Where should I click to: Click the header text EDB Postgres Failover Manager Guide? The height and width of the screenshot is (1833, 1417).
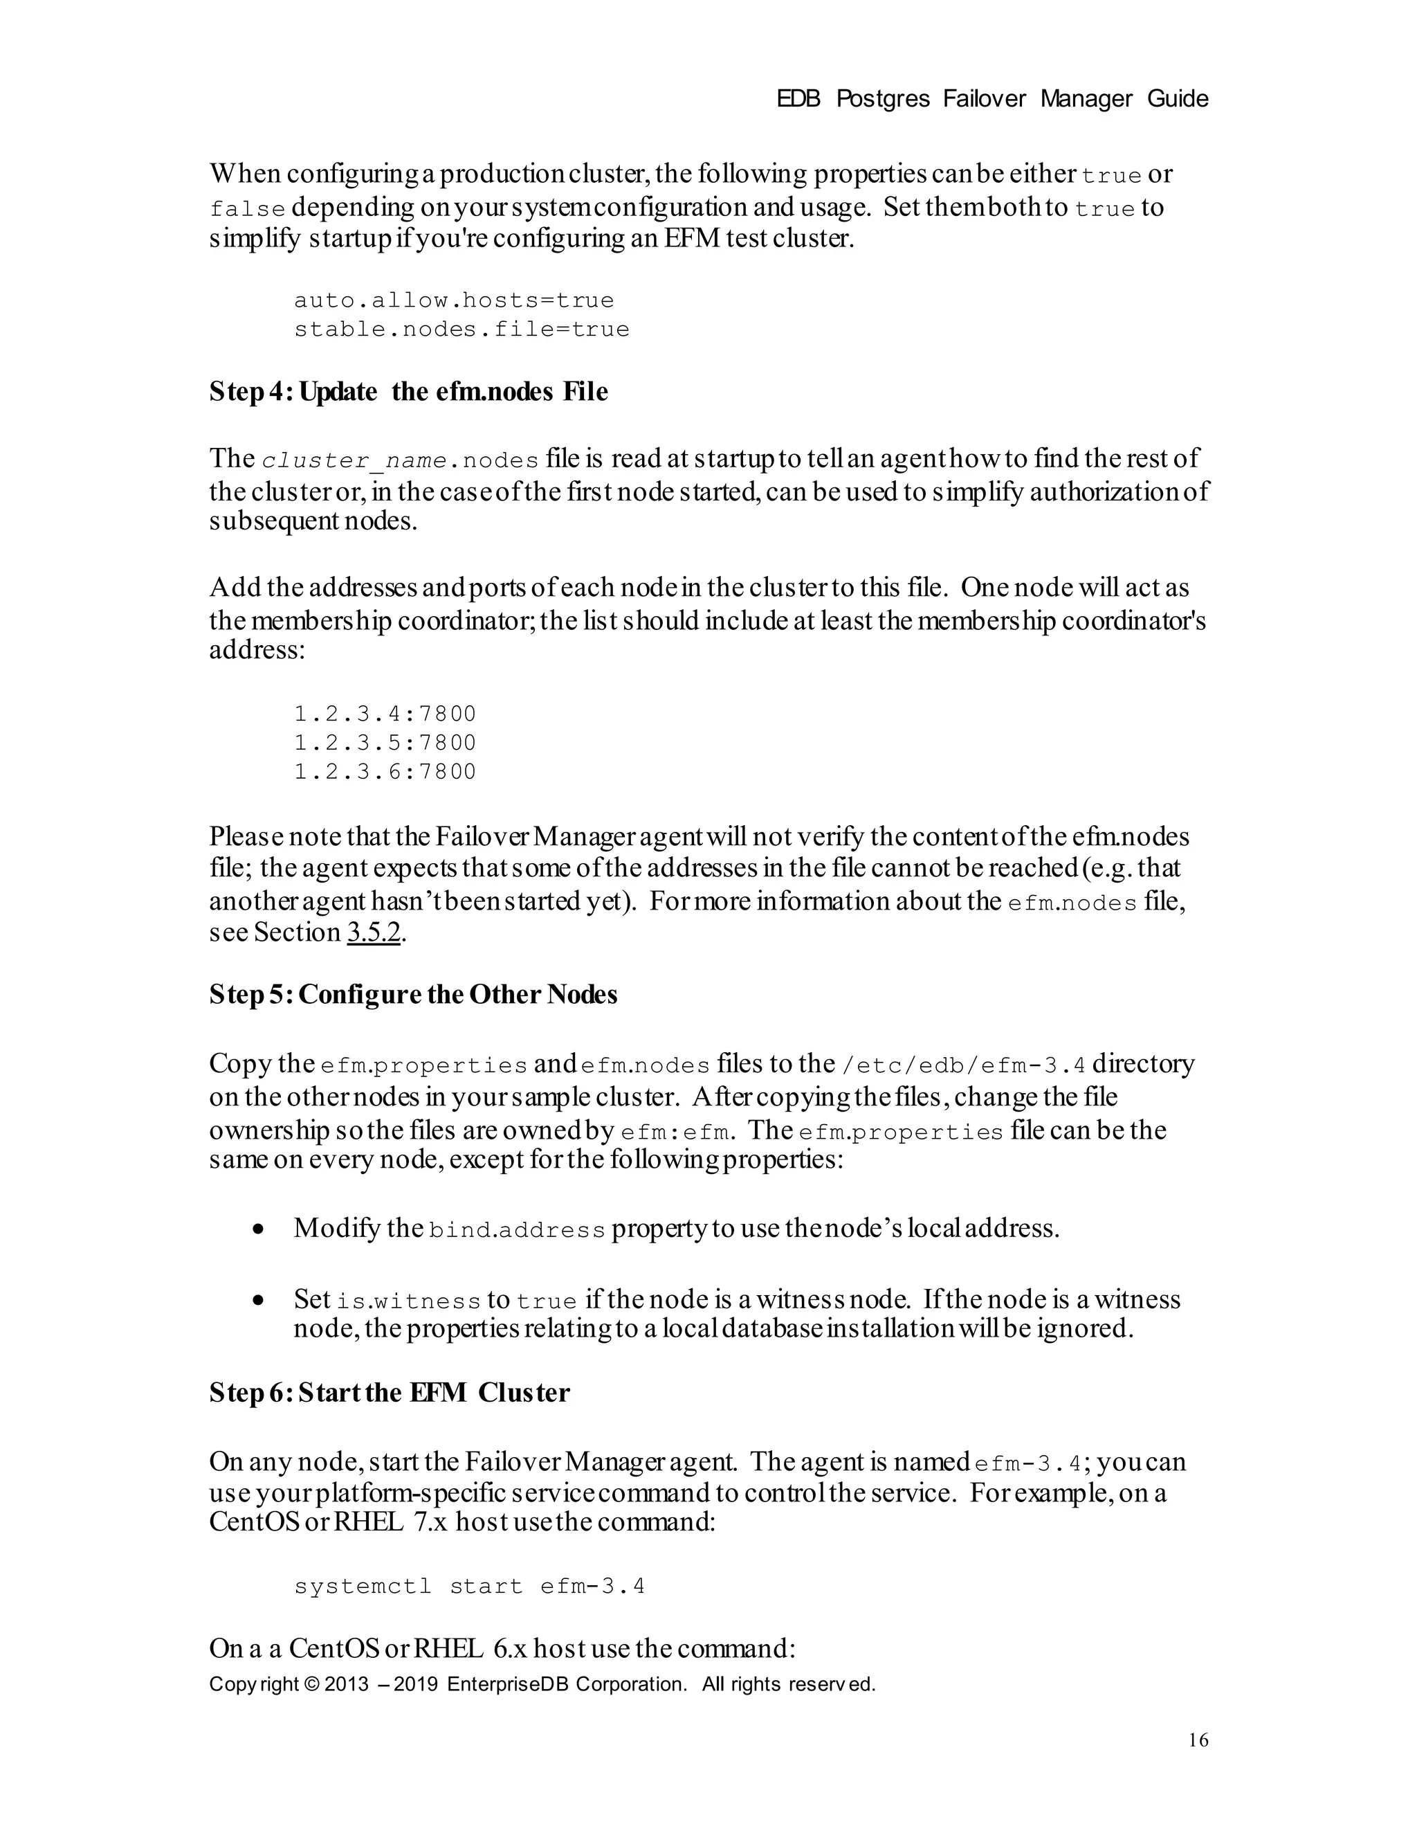tap(991, 99)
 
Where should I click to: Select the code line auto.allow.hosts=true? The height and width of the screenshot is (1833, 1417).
tap(454, 300)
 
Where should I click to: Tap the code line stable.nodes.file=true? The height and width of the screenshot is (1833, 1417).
tap(461, 329)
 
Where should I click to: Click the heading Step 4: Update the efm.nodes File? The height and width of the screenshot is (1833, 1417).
tap(409, 392)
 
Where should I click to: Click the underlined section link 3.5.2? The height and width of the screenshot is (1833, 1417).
tap(374, 932)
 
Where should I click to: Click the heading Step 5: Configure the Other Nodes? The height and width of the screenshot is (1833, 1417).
tap(413, 995)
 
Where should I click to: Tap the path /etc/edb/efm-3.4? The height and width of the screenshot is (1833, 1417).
tap(962, 1066)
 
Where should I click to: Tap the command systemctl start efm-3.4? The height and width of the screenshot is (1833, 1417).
tap(469, 1587)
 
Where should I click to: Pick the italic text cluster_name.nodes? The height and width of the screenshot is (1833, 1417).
tap(399, 461)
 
